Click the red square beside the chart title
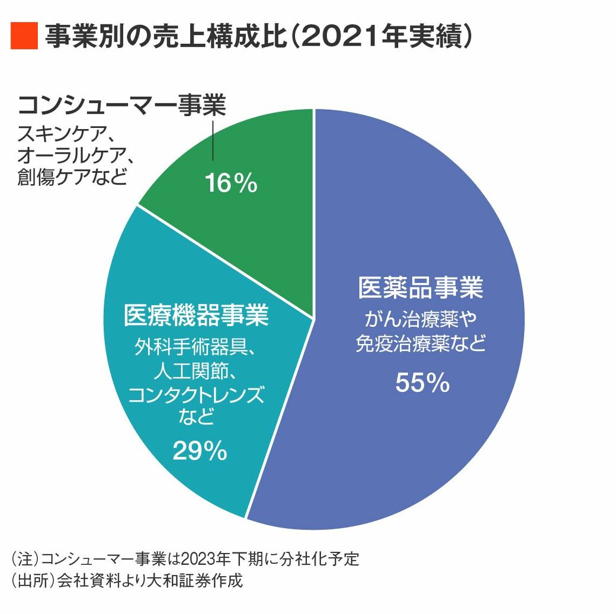pos(24,37)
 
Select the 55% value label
pos(422,383)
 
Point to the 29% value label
pos(200,452)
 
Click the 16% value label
pos(231,184)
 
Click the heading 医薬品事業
pos(421,288)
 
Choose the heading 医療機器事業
pos(196,314)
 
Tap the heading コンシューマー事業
pos(122,107)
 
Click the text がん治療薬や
pos(421,320)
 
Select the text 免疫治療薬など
pos(421,344)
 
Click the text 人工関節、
pos(196,371)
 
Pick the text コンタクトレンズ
pos(196,395)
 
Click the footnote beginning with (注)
pos(185,559)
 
